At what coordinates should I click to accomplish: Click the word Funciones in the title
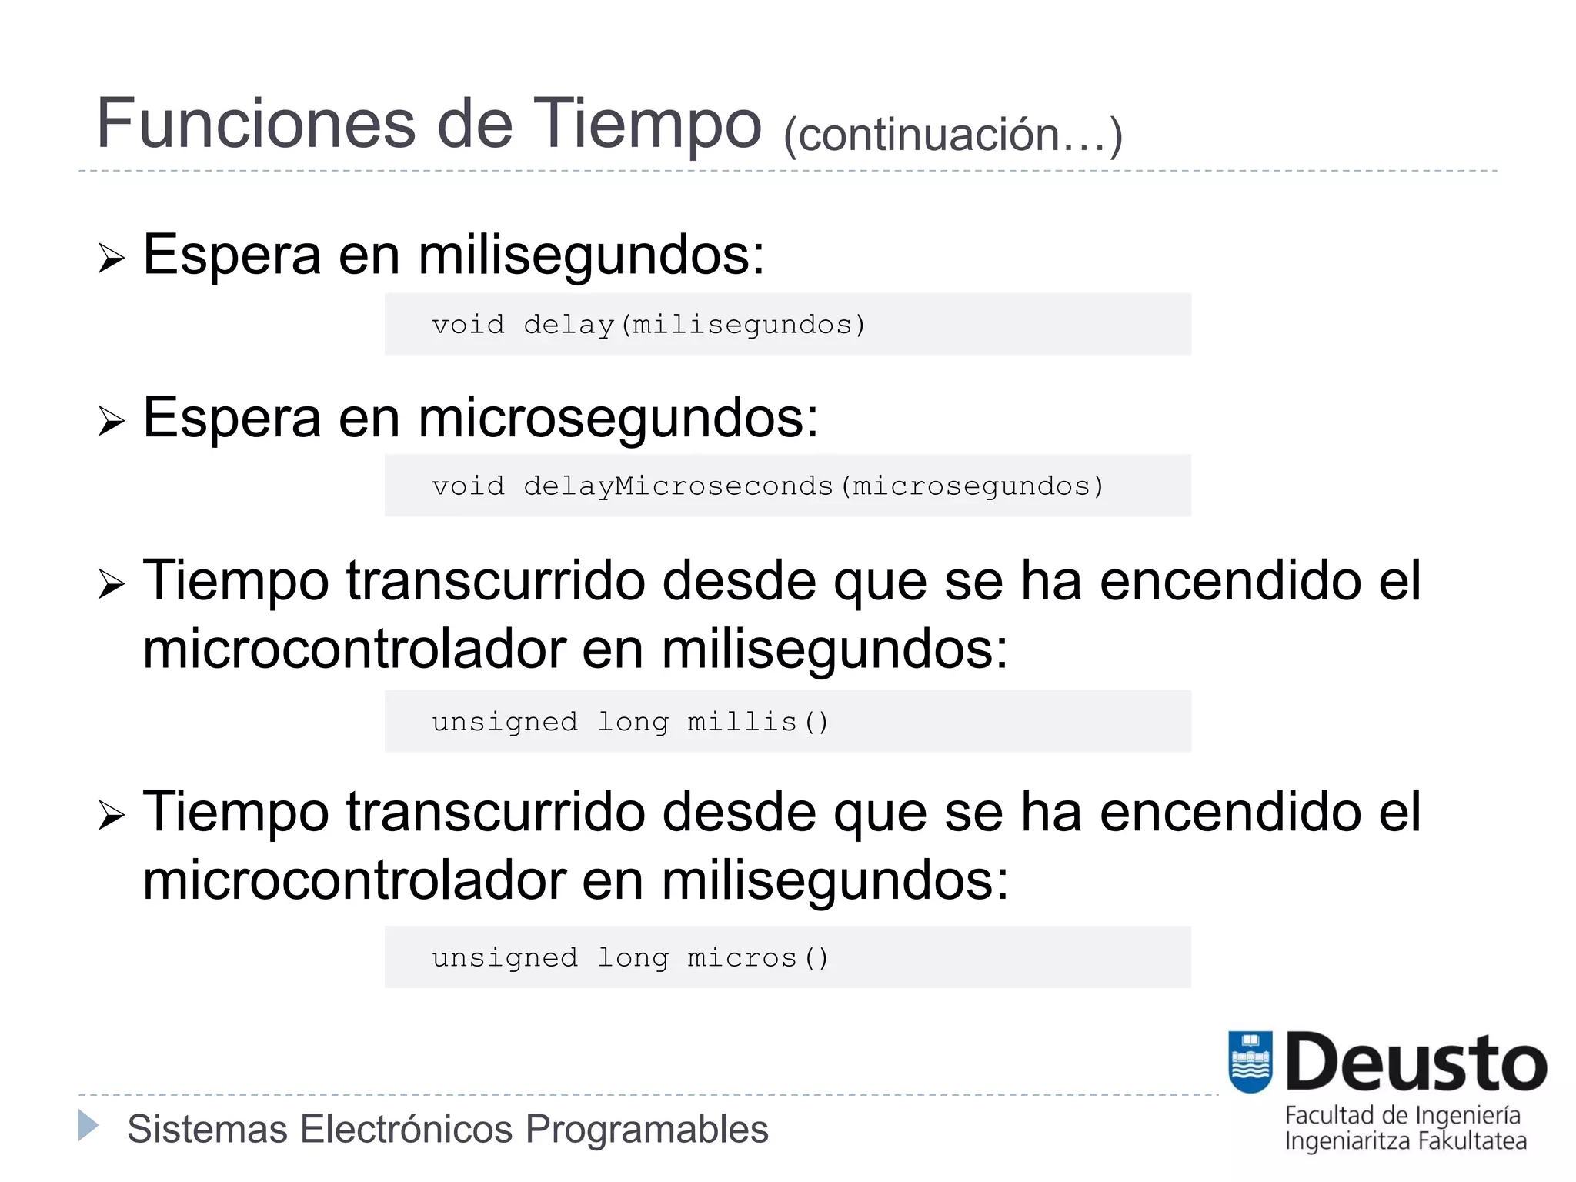255,125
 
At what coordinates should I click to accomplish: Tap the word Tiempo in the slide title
647,125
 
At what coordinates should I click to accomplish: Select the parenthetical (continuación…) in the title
953,135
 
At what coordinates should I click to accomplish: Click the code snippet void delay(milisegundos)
649,325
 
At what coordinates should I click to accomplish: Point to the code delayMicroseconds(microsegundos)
814,486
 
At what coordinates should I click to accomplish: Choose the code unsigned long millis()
630,722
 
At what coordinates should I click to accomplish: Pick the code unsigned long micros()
630,957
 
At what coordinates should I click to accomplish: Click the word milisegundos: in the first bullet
591,255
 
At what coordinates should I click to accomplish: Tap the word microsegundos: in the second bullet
618,419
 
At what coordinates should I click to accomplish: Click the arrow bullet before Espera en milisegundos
111,259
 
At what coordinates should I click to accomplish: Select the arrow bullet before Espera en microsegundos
111,422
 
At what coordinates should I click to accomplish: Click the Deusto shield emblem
1250,1061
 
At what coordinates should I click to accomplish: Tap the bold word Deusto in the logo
1416,1063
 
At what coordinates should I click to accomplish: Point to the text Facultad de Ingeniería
1402,1115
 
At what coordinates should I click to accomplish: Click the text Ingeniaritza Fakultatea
1405,1140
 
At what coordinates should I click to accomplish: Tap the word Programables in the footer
646,1130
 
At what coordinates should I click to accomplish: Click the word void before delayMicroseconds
468,486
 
